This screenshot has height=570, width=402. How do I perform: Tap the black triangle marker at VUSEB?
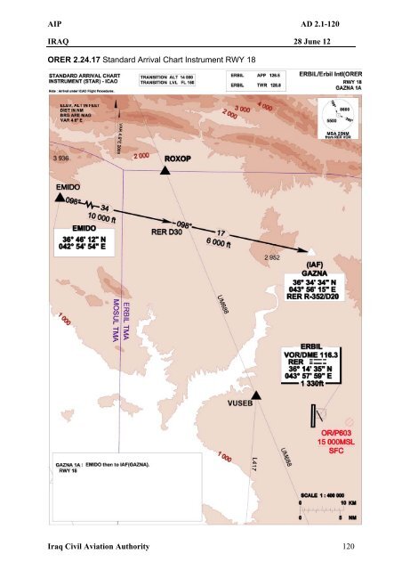coord(256,395)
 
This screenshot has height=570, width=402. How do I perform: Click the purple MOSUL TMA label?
coord(116,319)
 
